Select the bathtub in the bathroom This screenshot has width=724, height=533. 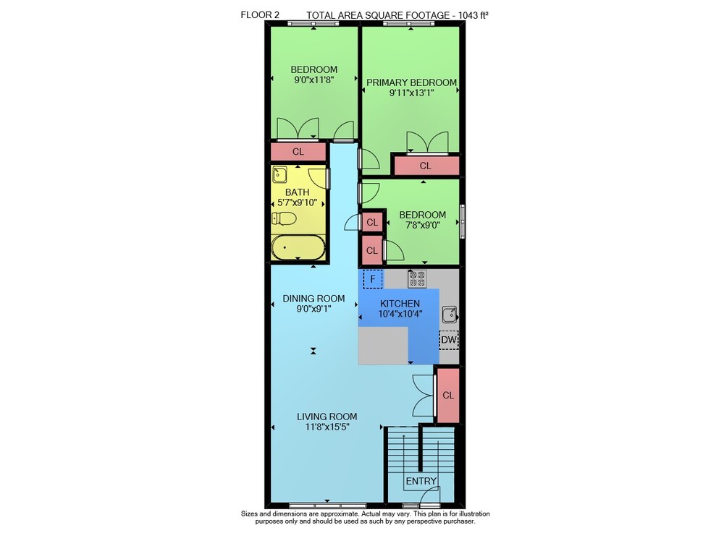pyautogui.click(x=298, y=247)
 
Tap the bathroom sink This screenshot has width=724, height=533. pyautogui.click(x=279, y=174)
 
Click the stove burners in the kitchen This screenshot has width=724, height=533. pyautogui.click(x=417, y=279)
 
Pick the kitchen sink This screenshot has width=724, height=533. pyautogui.click(x=450, y=315)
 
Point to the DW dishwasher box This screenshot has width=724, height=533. pyautogui.click(x=449, y=341)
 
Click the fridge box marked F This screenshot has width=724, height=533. pyautogui.click(x=373, y=279)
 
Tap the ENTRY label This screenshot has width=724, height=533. pyautogui.click(x=421, y=482)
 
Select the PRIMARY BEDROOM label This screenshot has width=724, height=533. pyautogui.click(x=411, y=82)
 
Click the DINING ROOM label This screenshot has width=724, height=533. pyautogui.click(x=313, y=299)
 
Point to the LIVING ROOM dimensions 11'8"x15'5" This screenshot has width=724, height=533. pyautogui.click(x=327, y=427)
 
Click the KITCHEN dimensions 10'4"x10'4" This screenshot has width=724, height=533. pyautogui.click(x=400, y=315)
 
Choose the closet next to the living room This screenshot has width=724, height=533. pyautogui.click(x=448, y=395)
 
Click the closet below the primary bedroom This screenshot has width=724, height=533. pyautogui.click(x=425, y=166)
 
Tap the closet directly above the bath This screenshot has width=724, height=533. pyautogui.click(x=298, y=152)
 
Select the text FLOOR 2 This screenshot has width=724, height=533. pyautogui.click(x=260, y=15)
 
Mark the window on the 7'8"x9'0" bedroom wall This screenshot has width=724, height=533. pyautogui.click(x=463, y=222)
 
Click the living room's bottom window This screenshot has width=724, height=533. pyautogui.click(x=328, y=506)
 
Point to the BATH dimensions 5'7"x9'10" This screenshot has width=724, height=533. pyautogui.click(x=298, y=202)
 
